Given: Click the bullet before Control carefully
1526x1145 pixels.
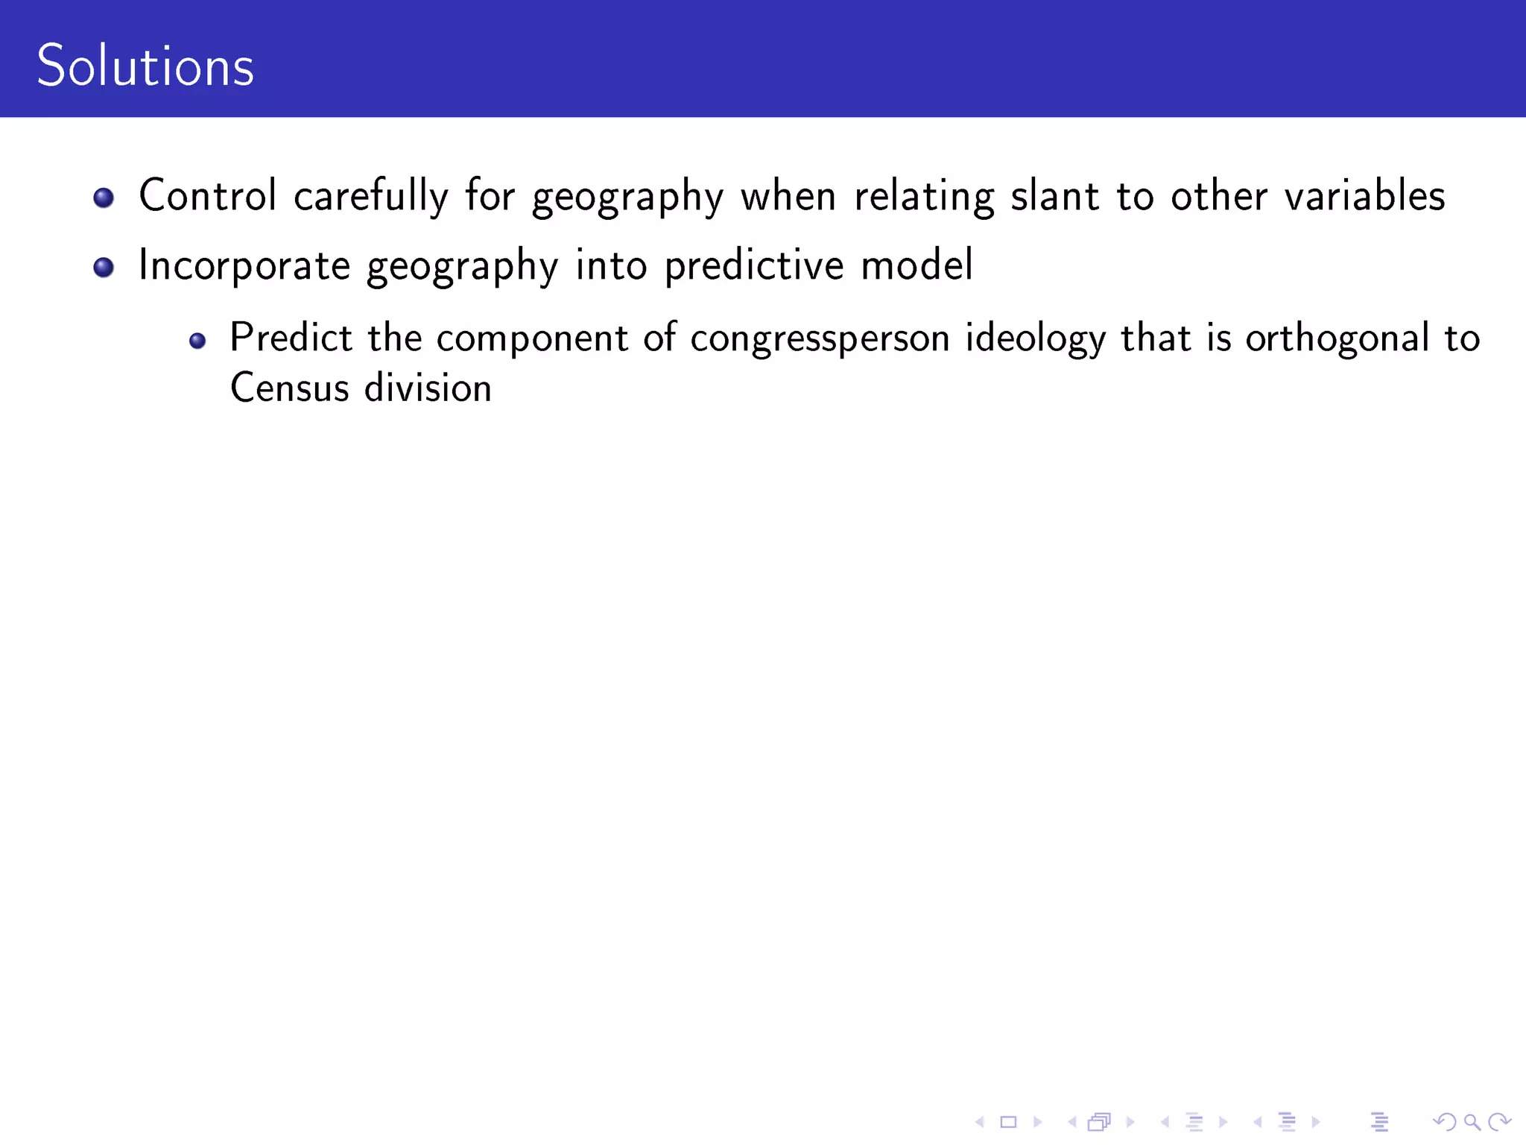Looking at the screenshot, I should tap(104, 198).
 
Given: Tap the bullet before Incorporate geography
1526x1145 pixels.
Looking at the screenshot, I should tap(104, 267).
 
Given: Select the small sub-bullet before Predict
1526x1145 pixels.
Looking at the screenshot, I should tap(197, 341).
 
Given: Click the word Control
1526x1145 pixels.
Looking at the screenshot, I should tap(207, 196).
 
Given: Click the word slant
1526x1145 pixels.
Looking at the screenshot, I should tap(1054, 196).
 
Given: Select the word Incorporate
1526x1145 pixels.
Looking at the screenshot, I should tap(244, 266).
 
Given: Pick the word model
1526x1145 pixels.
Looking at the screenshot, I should tap(916, 265).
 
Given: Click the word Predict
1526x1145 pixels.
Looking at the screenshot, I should tap(291, 338).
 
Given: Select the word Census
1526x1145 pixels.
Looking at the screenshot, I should tap(289, 388).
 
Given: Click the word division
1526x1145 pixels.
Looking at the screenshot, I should tap(428, 388).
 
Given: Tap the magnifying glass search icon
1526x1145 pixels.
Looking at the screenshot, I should tap(1472, 1121).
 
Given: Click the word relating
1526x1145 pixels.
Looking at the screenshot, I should tap(923, 196).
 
